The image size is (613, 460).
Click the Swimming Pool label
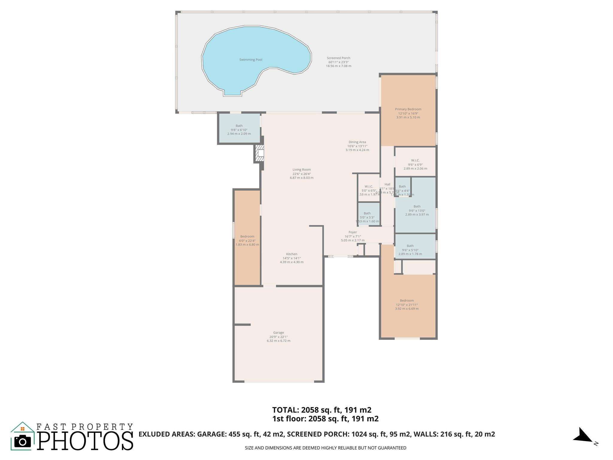point(251,60)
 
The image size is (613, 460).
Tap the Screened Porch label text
point(338,58)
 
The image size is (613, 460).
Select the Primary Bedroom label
point(408,109)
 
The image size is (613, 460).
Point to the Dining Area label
point(357,142)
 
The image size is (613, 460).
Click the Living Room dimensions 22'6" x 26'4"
point(301,174)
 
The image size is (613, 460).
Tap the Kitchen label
point(292,254)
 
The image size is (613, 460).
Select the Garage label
point(278,332)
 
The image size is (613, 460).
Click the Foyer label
point(353,232)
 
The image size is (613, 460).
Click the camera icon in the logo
point(22,441)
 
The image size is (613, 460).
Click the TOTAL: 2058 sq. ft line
point(321,410)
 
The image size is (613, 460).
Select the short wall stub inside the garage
point(242,325)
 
